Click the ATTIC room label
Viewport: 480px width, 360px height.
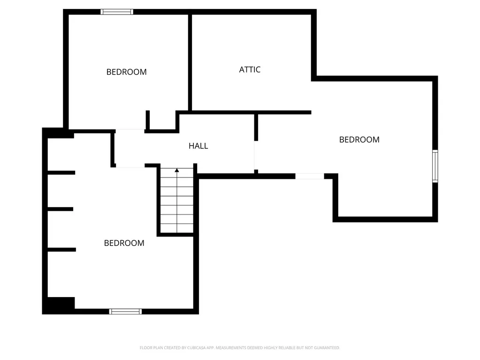(x=250, y=70)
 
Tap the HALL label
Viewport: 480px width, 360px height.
(x=198, y=146)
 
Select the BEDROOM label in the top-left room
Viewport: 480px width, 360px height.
(x=126, y=72)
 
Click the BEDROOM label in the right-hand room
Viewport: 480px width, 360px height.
(x=359, y=139)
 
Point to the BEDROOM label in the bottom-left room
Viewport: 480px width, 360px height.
(x=124, y=243)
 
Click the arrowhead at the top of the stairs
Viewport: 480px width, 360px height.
(x=176, y=170)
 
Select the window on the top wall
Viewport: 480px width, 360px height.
(x=117, y=12)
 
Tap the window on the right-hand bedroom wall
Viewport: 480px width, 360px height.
(x=435, y=166)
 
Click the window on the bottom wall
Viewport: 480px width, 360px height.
(x=125, y=312)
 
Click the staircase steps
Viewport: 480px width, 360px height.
(x=177, y=200)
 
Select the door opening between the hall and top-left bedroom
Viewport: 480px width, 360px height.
(x=130, y=131)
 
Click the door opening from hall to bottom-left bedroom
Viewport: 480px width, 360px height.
(x=130, y=166)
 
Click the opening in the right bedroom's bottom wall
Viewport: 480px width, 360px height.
(x=310, y=176)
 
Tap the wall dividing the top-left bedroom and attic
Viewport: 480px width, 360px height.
(x=190, y=62)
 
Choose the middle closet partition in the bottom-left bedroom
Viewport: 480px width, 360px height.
(x=61, y=209)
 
